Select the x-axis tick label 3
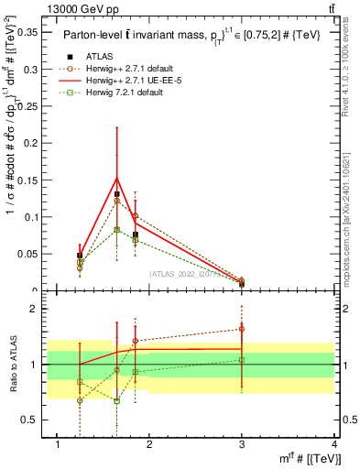click(242, 444)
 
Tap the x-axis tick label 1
click(59, 444)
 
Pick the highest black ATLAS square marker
click(117, 194)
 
